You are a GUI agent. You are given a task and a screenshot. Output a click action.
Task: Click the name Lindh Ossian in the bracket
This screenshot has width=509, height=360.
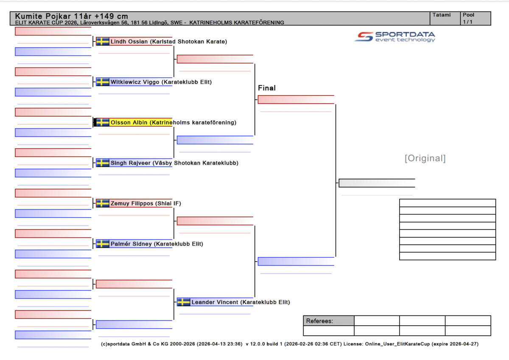tap(129, 42)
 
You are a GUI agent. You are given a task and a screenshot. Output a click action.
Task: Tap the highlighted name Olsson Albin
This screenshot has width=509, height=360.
tap(129, 123)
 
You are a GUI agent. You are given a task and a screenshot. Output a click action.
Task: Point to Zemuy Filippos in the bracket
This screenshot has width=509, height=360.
tap(132, 204)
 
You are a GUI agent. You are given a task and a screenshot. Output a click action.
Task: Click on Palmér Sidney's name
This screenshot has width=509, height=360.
tap(131, 244)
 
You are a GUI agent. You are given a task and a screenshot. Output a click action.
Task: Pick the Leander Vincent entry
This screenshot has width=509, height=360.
tap(215, 302)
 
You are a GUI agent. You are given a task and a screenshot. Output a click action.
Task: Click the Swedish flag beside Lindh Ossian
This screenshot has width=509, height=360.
tap(103, 42)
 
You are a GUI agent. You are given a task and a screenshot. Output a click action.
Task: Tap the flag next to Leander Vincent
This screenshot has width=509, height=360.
tap(184, 302)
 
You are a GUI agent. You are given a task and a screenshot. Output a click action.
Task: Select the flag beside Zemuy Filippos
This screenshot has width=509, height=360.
tap(103, 204)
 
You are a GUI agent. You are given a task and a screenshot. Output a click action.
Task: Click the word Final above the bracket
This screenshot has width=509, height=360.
tap(267, 88)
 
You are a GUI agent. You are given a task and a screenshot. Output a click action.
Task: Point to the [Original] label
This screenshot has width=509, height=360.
tap(425, 158)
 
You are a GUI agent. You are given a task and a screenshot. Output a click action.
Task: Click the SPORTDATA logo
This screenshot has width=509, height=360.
tap(395, 36)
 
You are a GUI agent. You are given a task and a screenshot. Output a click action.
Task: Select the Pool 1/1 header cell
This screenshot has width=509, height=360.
tap(476, 18)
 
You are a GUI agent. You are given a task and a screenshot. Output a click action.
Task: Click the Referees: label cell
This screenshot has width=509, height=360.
tap(328, 321)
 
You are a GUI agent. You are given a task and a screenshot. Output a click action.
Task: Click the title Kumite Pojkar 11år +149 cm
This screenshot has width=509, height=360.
tap(72, 16)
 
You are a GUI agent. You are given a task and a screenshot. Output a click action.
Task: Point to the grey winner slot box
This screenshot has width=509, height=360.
tap(377, 183)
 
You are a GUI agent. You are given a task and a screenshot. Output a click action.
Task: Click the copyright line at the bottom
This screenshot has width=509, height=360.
tap(290, 344)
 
